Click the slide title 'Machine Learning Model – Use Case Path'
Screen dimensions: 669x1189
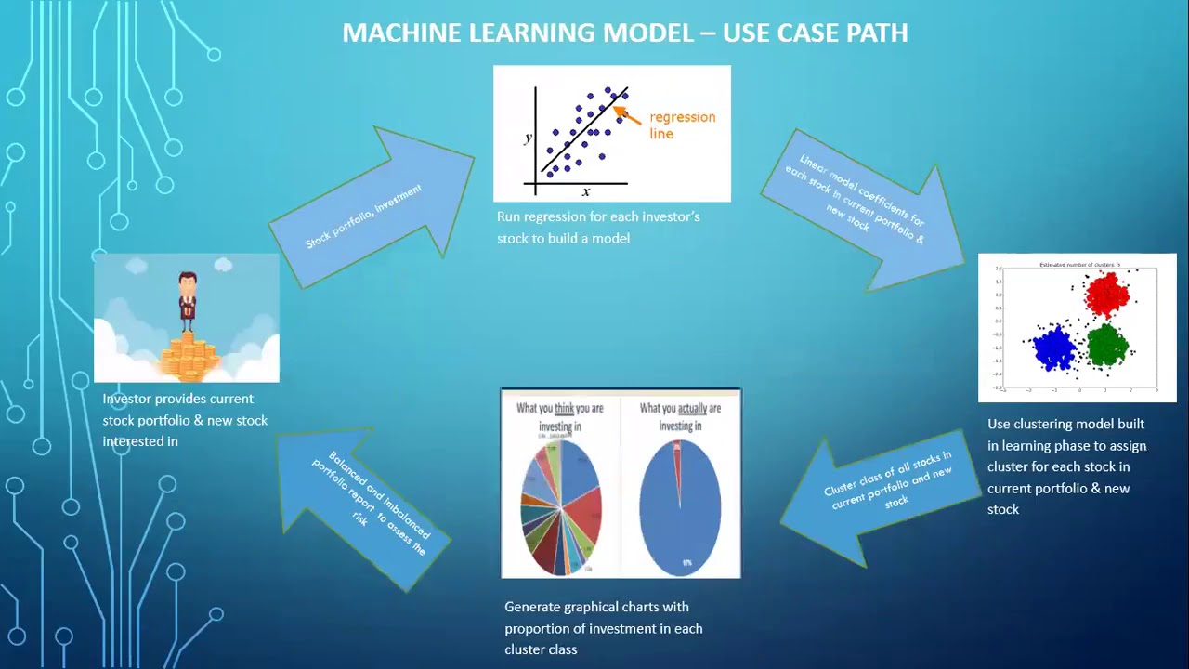tap(624, 33)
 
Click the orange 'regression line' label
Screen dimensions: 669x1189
tap(682, 125)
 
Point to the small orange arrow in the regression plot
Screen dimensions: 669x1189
tap(626, 115)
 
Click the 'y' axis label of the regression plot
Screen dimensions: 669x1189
tap(529, 138)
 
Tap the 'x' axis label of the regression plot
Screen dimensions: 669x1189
tap(586, 191)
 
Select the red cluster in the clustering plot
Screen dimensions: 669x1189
tap(1106, 295)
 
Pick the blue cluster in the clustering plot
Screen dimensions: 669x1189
tap(1053, 348)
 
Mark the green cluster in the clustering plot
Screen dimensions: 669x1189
tap(1106, 345)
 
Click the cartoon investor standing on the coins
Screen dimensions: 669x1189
tap(188, 299)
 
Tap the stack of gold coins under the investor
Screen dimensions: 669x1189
tap(189, 357)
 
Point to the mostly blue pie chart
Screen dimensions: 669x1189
tap(681, 507)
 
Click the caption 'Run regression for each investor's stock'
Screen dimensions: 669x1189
tap(598, 228)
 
